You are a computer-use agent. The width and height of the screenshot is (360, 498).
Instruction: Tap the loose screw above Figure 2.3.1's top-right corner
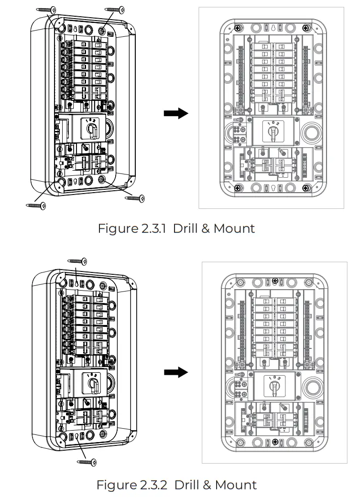(114, 9)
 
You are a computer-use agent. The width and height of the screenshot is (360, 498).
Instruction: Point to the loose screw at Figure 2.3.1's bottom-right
(134, 197)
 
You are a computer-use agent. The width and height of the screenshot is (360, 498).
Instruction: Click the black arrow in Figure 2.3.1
(176, 113)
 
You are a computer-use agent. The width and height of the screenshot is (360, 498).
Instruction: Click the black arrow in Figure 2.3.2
(176, 373)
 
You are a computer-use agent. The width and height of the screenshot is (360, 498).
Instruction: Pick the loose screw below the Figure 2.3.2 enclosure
(87, 462)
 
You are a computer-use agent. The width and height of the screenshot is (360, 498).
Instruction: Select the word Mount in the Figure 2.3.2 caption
(235, 485)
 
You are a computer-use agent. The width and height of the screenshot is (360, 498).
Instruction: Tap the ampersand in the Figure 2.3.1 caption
(206, 228)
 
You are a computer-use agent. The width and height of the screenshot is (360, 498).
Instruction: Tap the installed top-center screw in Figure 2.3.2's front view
(274, 281)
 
